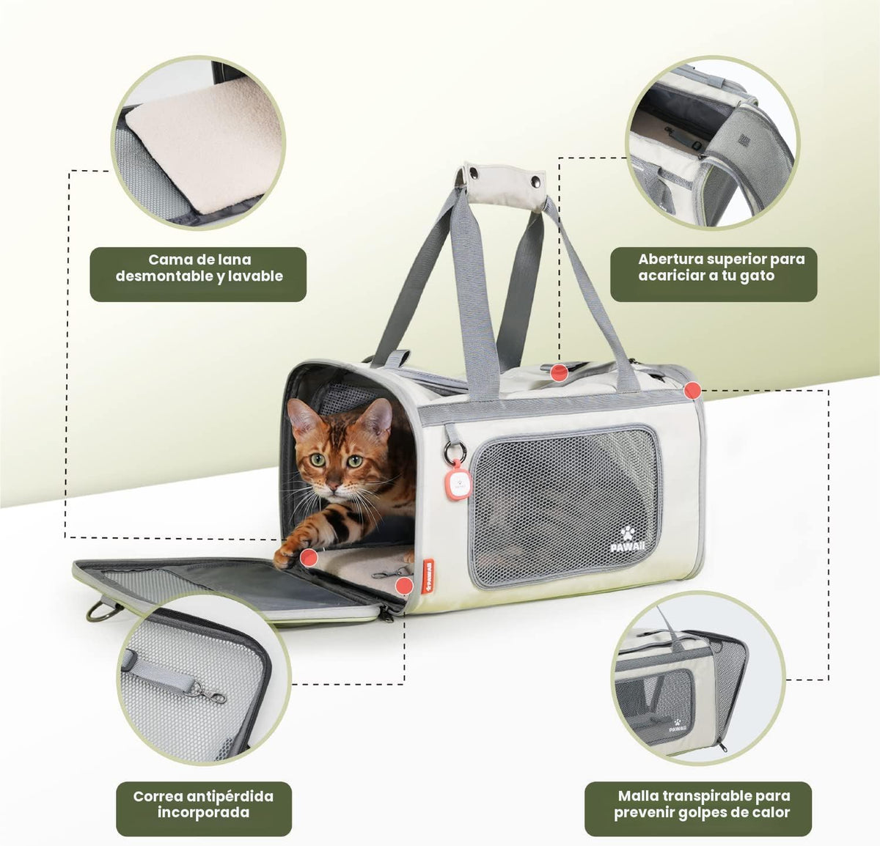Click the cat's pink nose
coord(333,486)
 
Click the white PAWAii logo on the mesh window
coord(628,540)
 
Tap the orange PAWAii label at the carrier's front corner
coord(427,576)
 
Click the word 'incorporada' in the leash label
coord(203,812)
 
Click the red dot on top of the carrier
coord(560,372)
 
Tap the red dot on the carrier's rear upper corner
coord(692,390)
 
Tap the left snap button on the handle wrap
coord(474,172)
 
